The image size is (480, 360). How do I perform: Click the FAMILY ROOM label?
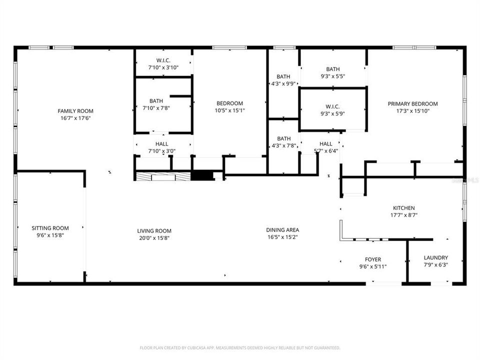(x=75, y=111)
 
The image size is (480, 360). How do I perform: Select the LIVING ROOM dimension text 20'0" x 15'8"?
(x=154, y=238)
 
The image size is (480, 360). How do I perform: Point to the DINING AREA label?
(x=282, y=230)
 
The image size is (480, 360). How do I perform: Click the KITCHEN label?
(x=403, y=208)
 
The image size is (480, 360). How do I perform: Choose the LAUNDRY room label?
(x=436, y=257)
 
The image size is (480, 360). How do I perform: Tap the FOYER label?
(x=373, y=259)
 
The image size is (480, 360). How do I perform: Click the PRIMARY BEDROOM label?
(x=412, y=104)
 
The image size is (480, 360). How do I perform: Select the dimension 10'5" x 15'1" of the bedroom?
(x=229, y=110)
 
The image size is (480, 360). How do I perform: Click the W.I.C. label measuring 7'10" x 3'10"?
(x=163, y=60)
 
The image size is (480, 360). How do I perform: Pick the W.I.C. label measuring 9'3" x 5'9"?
(x=332, y=106)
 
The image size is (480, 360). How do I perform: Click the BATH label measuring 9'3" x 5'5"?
(x=333, y=69)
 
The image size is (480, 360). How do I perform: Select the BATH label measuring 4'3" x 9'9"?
(x=283, y=76)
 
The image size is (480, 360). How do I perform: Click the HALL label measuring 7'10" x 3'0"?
(x=161, y=144)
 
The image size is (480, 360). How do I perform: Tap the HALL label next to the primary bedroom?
(x=326, y=144)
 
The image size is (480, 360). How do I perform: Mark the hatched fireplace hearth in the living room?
(x=163, y=176)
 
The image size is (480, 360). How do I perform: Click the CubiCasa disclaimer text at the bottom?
(x=239, y=347)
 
